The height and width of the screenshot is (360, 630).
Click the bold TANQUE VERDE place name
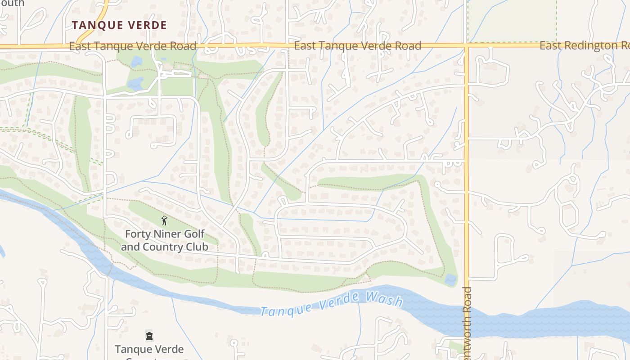click(119, 25)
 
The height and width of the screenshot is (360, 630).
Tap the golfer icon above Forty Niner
click(164, 220)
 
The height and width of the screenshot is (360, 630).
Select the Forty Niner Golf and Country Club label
click(164, 240)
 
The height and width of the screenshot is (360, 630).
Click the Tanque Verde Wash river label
click(331, 304)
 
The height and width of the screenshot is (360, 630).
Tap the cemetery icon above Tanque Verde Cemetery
click(149, 336)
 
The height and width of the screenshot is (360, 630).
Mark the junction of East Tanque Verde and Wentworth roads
click(467, 45)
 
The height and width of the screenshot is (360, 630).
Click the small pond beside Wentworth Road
click(450, 279)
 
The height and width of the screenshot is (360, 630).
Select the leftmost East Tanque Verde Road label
click(133, 46)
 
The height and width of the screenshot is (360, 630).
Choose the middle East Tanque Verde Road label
click(358, 45)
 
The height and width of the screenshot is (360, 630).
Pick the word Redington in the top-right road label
click(594, 45)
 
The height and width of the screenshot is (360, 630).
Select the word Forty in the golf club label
click(138, 234)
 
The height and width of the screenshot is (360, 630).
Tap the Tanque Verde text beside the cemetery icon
click(149, 349)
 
